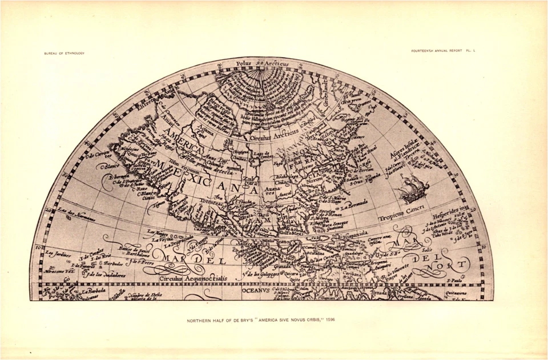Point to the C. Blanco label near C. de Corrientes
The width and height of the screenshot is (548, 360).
tap(109, 167)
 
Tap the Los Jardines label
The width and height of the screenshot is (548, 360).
tap(57, 254)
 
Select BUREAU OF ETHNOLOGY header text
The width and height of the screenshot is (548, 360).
tap(64, 54)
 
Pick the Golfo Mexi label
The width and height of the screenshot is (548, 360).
tap(291, 232)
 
